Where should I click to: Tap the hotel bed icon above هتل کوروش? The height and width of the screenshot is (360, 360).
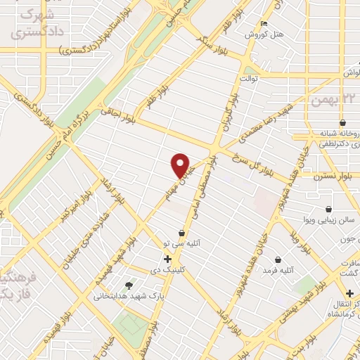[x=264, y=22]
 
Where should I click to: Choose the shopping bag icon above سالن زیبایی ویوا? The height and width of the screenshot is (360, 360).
[x=328, y=209]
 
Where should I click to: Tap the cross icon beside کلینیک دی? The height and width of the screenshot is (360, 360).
[x=167, y=259]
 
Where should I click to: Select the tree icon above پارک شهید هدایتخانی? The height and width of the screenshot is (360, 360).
[x=128, y=285]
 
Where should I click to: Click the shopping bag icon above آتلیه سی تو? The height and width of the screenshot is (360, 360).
[x=182, y=233]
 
